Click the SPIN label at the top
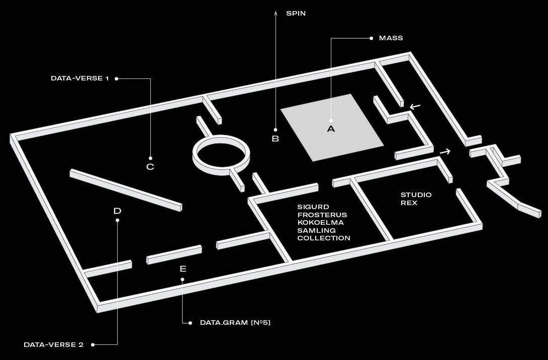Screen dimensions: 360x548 point(296,14)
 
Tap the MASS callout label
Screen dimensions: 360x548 point(391,38)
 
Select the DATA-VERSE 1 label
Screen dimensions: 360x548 point(79,78)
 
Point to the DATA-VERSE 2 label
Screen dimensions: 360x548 point(53,345)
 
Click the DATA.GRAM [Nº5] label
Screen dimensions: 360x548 point(235,322)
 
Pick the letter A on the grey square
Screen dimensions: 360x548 point(331,129)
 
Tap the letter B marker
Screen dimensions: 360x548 point(275,139)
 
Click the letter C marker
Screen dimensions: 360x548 point(150,166)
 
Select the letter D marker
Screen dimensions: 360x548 point(117,211)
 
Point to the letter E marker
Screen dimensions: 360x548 point(182,269)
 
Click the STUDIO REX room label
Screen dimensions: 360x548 point(416,199)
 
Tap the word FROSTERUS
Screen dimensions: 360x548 point(322,215)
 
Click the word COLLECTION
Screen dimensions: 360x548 point(324,238)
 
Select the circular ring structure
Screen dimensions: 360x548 point(221,153)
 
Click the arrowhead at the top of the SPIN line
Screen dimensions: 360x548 point(275,12)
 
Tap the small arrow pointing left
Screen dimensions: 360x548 point(415,106)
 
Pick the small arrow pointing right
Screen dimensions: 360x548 point(445,151)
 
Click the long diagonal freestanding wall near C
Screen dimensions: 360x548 point(125,191)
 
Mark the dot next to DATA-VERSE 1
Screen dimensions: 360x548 point(116,78)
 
